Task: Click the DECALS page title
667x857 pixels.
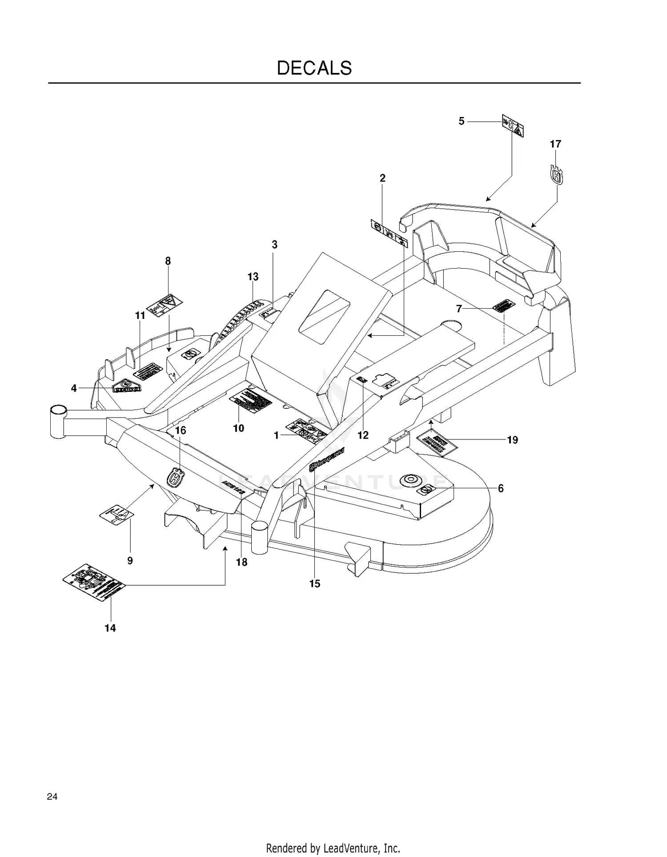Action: coord(314,68)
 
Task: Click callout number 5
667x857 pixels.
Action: coord(462,121)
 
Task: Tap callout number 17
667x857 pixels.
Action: coord(555,144)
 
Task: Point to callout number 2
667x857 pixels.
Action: coord(382,178)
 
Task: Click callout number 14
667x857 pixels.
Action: coord(110,628)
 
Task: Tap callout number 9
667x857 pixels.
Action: coord(130,561)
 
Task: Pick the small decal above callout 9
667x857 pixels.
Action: coord(117,514)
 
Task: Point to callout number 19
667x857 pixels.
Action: coord(513,440)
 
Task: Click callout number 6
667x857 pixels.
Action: coord(501,488)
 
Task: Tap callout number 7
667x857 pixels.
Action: coord(459,308)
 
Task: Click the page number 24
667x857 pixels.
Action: coord(52,797)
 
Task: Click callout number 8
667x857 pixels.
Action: coord(168,261)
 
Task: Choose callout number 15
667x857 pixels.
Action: coord(314,583)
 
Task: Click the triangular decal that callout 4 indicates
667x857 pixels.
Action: coord(126,386)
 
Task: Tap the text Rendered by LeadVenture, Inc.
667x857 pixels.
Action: coord(333,848)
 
